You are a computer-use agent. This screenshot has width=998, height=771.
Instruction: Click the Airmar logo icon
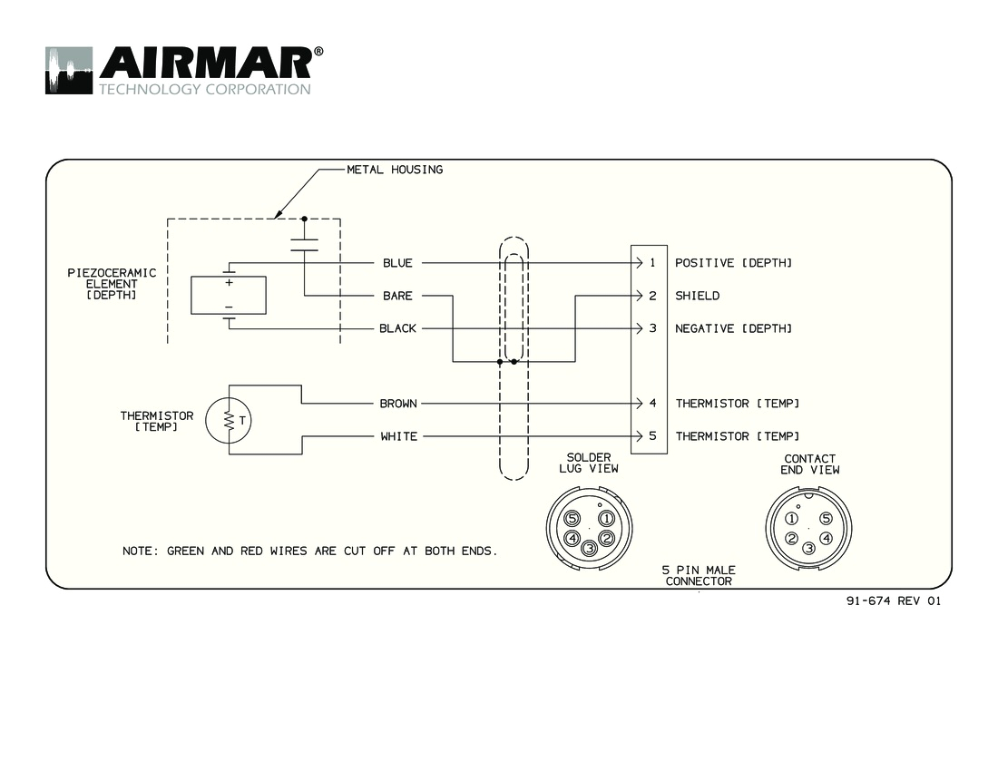point(69,71)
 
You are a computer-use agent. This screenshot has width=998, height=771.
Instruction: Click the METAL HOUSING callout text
point(395,170)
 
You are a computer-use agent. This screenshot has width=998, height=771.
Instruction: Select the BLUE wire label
point(397,263)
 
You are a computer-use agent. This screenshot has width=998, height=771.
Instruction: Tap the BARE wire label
point(397,296)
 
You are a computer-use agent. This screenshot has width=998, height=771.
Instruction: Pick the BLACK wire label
point(397,328)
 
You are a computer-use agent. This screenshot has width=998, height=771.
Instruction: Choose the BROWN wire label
point(398,404)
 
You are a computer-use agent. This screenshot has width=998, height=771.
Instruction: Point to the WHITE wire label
point(398,436)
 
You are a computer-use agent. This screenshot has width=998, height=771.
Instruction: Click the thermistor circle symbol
point(229,420)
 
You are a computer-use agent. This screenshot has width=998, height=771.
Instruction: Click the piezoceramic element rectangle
point(228,295)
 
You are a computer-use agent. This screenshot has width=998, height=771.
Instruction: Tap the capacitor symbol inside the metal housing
point(304,243)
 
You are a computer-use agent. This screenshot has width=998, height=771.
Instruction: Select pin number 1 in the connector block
point(651,263)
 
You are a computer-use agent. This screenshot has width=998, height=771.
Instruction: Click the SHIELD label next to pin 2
point(697,296)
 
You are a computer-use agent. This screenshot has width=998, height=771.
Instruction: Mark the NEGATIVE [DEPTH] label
point(733,328)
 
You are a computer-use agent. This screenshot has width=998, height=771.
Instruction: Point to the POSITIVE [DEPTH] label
point(733,263)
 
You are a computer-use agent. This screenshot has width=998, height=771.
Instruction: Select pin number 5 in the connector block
point(651,436)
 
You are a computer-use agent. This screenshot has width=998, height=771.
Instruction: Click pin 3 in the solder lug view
point(589,547)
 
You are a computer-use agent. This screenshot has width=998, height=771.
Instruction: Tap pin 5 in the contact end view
point(826,519)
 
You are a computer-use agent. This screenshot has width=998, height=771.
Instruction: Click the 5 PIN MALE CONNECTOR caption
point(699,575)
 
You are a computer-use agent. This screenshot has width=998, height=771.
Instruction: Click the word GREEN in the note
point(186,551)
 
